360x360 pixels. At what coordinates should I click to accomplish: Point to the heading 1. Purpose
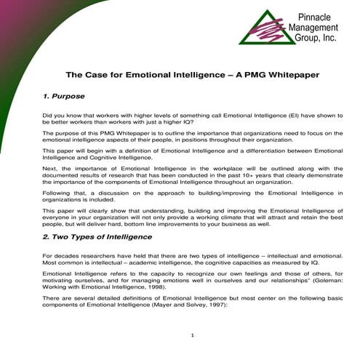(x=64, y=96)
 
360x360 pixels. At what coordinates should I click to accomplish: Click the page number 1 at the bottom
(x=191, y=335)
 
